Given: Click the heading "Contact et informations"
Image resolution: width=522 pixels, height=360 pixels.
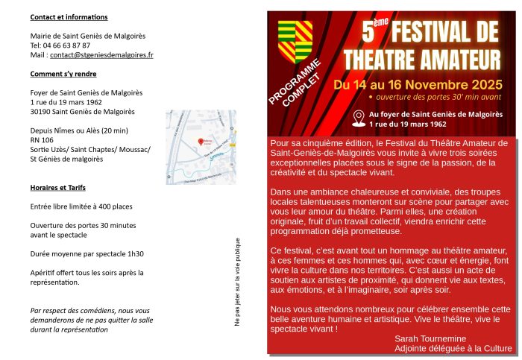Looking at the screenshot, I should tap(69, 16).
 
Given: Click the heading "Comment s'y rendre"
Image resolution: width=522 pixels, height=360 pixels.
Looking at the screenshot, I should tap(63, 74).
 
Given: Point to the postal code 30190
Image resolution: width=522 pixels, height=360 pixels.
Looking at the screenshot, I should tap(40, 111).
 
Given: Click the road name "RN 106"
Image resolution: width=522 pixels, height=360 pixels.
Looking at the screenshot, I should tap(42, 139).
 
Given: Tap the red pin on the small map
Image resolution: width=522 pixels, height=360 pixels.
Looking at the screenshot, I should tap(199, 141).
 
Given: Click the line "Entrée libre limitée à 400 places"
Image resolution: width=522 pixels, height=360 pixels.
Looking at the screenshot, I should tap(81, 206).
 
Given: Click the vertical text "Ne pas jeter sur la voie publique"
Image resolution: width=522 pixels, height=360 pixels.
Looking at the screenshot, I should tap(237, 282).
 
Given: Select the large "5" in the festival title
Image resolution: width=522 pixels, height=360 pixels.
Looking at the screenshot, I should tap(368, 34).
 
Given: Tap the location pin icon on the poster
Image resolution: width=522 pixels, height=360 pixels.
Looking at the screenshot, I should tap(358, 116).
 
